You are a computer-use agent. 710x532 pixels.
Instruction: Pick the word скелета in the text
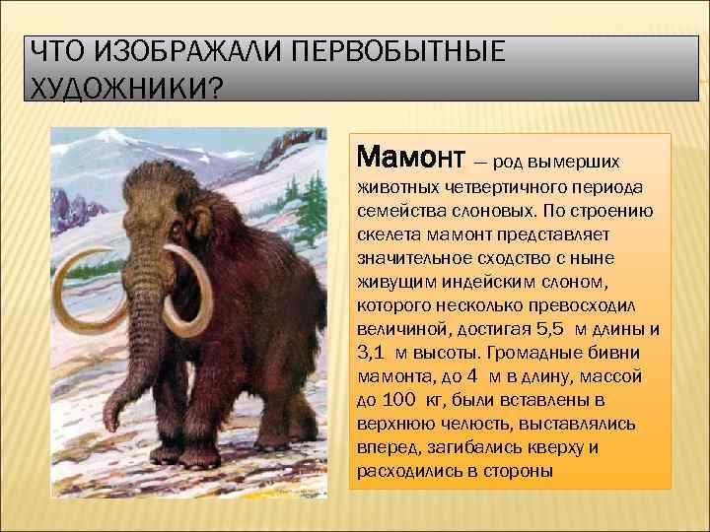385,236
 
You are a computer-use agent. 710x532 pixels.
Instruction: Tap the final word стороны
520,471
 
